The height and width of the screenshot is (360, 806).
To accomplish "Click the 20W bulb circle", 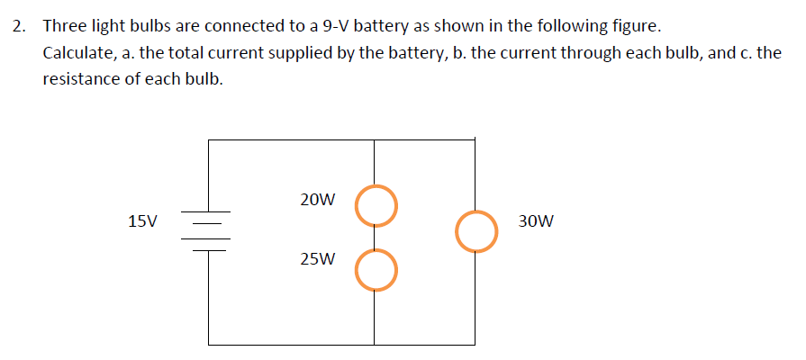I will click(x=375, y=205).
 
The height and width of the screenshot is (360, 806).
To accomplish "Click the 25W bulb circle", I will click(x=375, y=269).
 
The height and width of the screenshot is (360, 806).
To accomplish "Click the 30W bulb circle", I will click(x=475, y=231).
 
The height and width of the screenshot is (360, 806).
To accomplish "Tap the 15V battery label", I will click(x=142, y=220).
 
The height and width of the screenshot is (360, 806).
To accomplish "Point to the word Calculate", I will click(x=76, y=53).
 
